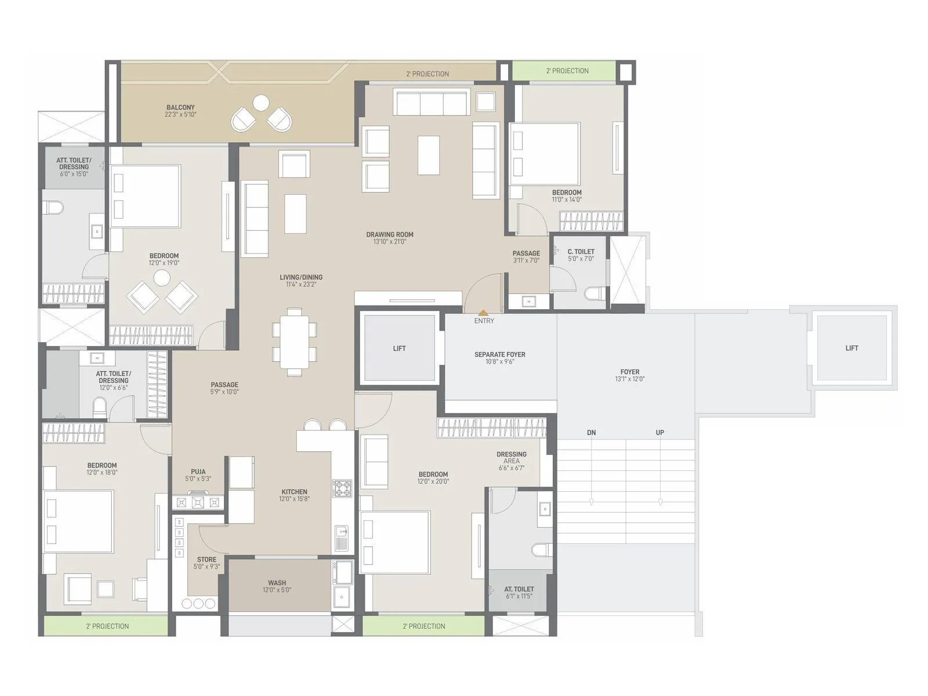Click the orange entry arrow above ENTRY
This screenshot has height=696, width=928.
point(483,313)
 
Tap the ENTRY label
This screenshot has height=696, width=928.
point(484,321)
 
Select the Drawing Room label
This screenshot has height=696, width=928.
point(390,235)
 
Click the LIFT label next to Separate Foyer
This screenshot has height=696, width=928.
point(399,349)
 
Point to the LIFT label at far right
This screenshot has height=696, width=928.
point(851,348)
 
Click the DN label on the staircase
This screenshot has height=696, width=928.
point(591,433)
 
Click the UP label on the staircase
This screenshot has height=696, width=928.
point(659,433)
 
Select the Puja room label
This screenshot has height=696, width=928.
point(198,472)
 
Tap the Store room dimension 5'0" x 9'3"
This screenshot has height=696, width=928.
point(206,567)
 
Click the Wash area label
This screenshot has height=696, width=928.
point(277,583)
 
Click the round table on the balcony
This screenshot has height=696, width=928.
point(261,103)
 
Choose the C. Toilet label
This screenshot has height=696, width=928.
point(581,252)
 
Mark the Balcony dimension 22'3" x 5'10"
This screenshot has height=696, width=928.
point(180,115)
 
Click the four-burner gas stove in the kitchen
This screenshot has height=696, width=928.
point(342,488)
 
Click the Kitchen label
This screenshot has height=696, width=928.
point(294,492)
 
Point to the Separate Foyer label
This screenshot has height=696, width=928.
point(499,354)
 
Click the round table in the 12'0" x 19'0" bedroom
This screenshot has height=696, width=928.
point(162,278)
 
